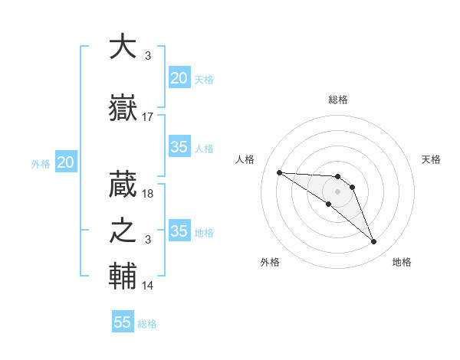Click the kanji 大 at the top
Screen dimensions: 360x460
click(x=123, y=47)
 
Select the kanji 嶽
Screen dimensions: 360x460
click(x=123, y=108)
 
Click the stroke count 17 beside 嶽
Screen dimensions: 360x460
click(x=148, y=117)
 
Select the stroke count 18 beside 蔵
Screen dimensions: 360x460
click(x=148, y=193)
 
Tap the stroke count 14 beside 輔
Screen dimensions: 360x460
click(x=148, y=286)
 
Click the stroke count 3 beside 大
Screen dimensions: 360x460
click(x=147, y=55)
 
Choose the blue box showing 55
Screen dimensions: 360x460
click(x=123, y=322)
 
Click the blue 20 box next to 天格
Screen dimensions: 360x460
click(x=179, y=78)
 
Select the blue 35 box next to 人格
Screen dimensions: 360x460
click(x=179, y=147)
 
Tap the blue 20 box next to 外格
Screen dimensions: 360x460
click(x=66, y=162)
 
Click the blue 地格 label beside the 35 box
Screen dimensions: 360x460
click(x=205, y=232)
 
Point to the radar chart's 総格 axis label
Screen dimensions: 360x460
click(x=337, y=100)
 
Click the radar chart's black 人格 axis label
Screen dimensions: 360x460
click(x=246, y=159)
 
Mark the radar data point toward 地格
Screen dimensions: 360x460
click(x=374, y=242)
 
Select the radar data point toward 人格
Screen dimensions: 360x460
click(x=279, y=172)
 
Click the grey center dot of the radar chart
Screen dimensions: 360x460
click(x=337, y=191)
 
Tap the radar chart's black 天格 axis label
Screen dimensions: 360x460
click(x=432, y=159)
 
